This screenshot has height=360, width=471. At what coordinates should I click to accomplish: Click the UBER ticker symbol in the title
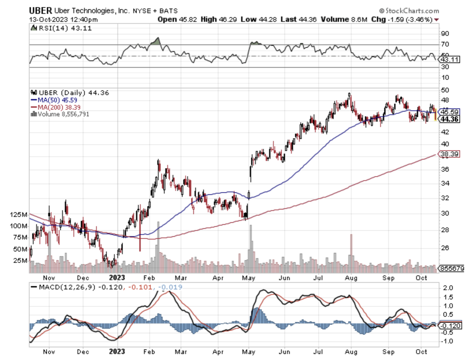[40, 11]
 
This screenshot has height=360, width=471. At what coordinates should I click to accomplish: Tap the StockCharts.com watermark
[409, 11]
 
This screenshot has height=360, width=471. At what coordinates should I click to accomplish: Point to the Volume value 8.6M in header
[359, 19]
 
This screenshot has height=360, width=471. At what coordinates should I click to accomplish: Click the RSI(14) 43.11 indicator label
[65, 28]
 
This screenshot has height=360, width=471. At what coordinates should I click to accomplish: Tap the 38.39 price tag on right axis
[449, 154]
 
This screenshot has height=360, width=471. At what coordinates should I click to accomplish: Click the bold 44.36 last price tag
[449, 119]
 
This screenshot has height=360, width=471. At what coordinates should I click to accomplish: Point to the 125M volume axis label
[18, 215]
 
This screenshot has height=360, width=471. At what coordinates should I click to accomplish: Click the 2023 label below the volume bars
[117, 278]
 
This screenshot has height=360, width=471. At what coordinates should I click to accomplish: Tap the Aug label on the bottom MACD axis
[351, 352]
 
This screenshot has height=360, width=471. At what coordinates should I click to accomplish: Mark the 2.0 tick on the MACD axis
[448, 288]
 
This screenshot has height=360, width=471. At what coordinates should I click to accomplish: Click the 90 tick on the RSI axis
[445, 33]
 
